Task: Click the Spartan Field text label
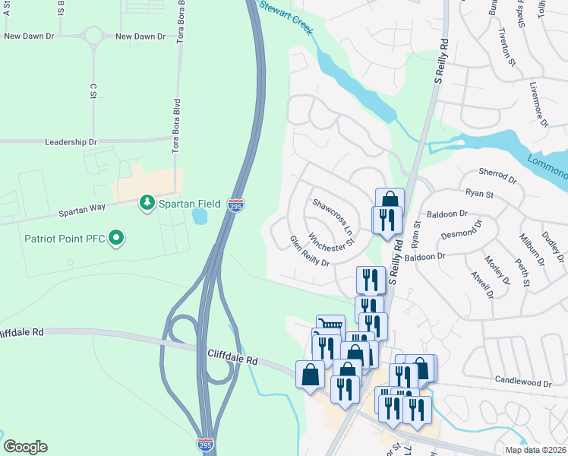point(189,204)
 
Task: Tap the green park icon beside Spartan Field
point(146,203)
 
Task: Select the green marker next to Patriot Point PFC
point(116,239)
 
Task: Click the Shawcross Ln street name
point(333,215)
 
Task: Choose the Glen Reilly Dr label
point(309,252)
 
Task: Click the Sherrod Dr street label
point(498,180)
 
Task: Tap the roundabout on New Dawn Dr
point(95,36)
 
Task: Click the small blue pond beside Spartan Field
point(200,217)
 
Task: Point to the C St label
point(92,90)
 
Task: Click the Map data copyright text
point(535,450)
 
